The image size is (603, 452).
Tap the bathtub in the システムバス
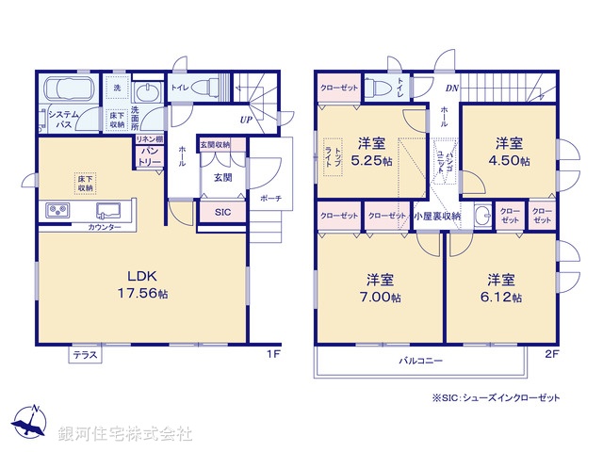pyautogui.click(x=65, y=91)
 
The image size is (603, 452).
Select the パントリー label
pyautogui.click(x=150, y=156)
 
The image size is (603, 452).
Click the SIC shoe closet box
pyautogui.click(x=222, y=213)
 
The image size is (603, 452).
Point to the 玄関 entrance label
pyautogui.click(x=222, y=177)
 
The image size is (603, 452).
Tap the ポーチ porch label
pyautogui.click(x=270, y=199)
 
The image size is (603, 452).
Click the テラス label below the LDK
pyautogui.click(x=86, y=356)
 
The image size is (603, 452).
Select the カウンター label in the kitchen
pyautogui.click(x=104, y=228)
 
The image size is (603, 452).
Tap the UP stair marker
pyautogui.click(x=245, y=120)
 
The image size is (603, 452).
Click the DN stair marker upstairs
pyautogui.click(x=451, y=89)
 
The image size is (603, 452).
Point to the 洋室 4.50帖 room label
pyautogui.click(x=512, y=151)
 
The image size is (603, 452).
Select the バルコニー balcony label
pyautogui.click(x=419, y=360)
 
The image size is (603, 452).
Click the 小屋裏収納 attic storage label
pyautogui.click(x=438, y=216)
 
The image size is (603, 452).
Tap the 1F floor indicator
pyautogui.click(x=272, y=354)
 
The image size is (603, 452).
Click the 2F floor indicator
pyautogui.click(x=552, y=354)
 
